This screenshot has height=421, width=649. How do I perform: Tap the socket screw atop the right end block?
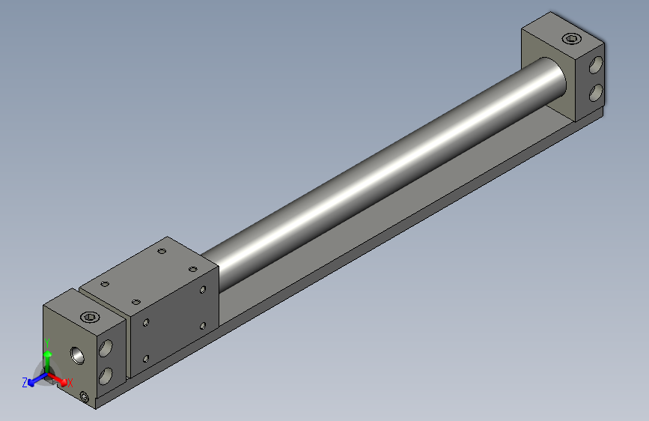(572, 39)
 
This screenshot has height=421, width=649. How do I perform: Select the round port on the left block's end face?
(77, 354)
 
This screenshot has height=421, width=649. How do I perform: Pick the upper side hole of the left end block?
(106, 348)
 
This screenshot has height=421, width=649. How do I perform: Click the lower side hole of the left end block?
(106, 373)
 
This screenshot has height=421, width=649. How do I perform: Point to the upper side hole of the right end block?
(597, 66)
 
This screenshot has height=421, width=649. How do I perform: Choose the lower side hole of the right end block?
(597, 92)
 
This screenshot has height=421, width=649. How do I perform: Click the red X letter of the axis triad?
(70, 383)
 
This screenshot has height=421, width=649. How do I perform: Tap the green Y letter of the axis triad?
(46, 343)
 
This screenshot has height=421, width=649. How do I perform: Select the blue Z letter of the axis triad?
(25, 383)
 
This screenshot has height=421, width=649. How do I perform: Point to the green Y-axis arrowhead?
(46, 354)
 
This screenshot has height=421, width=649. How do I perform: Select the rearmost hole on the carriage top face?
(161, 252)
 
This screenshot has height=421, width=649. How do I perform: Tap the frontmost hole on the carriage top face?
(135, 302)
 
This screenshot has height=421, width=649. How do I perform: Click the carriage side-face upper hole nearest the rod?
(203, 290)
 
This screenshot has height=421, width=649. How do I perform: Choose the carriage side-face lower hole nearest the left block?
(146, 359)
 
